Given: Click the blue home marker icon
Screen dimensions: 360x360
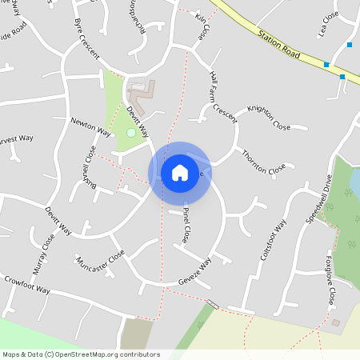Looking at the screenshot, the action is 180,172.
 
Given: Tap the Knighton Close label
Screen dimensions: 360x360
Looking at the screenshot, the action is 269,117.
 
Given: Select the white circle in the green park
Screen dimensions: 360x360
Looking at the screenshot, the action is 130,132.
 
